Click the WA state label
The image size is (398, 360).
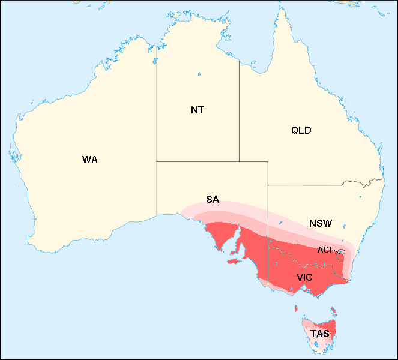(90, 160)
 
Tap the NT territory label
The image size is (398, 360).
(197, 110)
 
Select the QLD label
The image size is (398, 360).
(301, 130)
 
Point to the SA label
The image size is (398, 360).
(213, 200)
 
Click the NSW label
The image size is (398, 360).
(321, 223)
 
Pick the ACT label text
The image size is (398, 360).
(325, 250)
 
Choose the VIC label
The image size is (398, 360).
(304, 277)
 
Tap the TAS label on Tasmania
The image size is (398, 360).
(319, 334)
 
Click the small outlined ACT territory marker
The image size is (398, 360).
(341, 253)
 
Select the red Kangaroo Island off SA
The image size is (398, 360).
(234, 262)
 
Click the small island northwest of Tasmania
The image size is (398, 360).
(296, 310)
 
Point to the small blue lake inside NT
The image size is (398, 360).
(198, 74)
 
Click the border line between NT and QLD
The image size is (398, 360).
(239, 114)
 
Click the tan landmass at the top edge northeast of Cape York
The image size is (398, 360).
(345, 2)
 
